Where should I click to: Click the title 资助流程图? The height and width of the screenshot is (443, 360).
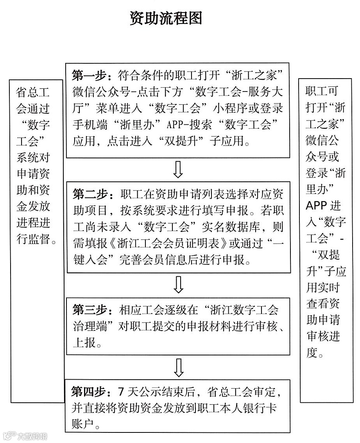166,18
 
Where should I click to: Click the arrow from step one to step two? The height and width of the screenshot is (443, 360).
178,169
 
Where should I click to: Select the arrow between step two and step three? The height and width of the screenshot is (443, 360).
178,285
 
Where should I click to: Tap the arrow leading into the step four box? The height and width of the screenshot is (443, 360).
178,367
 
